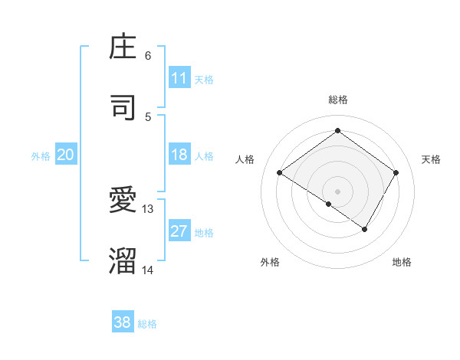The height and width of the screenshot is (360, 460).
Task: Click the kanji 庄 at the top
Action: [x=123, y=47]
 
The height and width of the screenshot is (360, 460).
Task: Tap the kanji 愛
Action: [x=123, y=200]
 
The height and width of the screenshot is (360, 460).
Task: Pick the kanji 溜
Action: [x=123, y=260]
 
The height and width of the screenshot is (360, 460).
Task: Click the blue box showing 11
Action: [x=179, y=78]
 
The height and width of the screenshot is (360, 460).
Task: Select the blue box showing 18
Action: [x=179, y=155]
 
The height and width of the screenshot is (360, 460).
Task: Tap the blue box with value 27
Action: [x=179, y=232]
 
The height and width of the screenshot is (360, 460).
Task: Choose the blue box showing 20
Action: [x=66, y=155]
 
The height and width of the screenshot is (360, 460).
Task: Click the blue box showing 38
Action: [x=123, y=322]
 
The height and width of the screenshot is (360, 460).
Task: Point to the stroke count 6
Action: [x=148, y=56]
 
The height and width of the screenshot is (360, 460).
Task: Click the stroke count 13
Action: [x=148, y=208]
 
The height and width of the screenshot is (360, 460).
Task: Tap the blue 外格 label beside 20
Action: [x=41, y=156]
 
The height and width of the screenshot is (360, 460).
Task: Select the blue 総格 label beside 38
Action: [x=147, y=324]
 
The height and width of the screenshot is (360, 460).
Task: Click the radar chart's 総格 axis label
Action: [x=337, y=100]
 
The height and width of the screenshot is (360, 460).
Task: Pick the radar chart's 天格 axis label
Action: [x=431, y=159]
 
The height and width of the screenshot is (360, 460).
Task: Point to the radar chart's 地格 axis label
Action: [x=402, y=262]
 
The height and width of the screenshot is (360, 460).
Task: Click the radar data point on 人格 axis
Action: [x=280, y=173]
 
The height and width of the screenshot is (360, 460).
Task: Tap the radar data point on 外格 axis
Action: [x=329, y=204]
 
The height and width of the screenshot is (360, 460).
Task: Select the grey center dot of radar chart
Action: [x=337, y=191]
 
